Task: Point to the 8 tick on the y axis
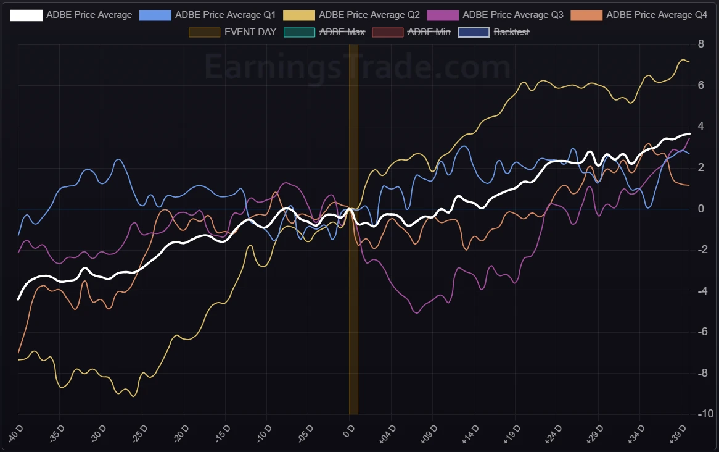coord(701,44)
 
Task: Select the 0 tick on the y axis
coord(701,209)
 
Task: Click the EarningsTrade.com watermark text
coord(358,67)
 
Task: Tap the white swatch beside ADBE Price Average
coord(27,14)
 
